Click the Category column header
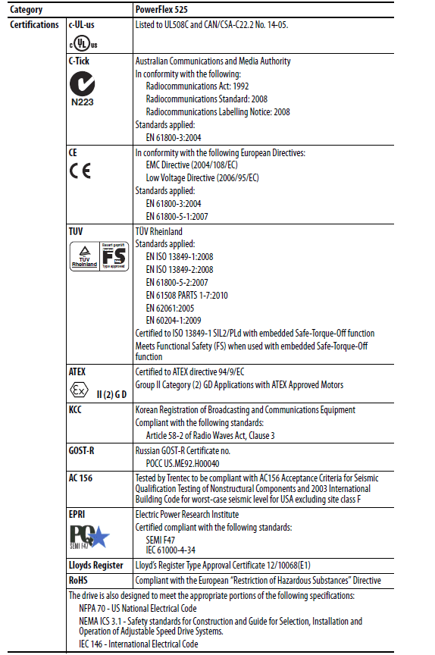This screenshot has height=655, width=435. point(27,10)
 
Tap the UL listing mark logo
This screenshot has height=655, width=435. point(80,41)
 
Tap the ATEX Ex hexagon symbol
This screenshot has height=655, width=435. point(76,393)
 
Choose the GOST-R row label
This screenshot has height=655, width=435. point(82,450)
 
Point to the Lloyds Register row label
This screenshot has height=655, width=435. point(96,565)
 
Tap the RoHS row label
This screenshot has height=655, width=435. point(79,580)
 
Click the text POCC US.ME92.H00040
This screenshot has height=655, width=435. point(182,462)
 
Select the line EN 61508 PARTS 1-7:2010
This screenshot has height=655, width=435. point(186,295)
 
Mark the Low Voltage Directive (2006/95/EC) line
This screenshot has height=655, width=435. point(202,178)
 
